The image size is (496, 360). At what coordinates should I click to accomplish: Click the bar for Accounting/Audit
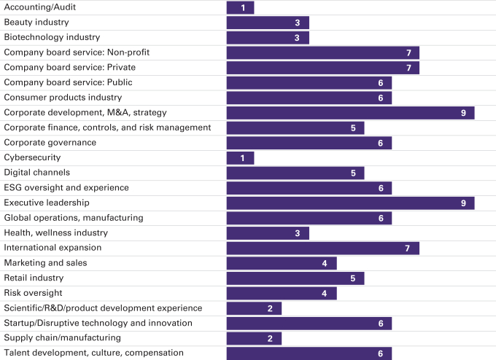[240, 7]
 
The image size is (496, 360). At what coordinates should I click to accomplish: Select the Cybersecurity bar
[240, 157]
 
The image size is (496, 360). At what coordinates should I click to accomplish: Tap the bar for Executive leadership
[350, 203]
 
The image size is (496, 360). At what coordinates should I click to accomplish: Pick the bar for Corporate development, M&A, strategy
[350, 112]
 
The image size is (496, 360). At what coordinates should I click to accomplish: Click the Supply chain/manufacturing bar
[254, 338]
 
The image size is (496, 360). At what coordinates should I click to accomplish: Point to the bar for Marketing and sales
[282, 263]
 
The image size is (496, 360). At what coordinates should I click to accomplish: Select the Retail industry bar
[295, 278]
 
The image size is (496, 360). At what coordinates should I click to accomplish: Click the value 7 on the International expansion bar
[408, 248]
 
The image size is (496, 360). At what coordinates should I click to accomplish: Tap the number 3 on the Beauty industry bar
[298, 23]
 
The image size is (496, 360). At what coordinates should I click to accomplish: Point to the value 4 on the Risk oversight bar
[325, 293]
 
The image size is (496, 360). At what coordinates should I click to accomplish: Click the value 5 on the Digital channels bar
[353, 173]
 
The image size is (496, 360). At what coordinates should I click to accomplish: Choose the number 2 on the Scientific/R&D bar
[270, 308]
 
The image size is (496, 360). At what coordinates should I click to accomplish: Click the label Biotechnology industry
[52, 37]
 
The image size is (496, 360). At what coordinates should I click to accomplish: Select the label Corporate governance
[50, 142]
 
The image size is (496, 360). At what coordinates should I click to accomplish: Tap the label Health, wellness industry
[55, 232]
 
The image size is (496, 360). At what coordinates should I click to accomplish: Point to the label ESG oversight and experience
[66, 187]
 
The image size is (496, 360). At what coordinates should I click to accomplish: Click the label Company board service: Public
[68, 82]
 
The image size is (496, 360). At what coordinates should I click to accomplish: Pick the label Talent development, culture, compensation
[93, 353]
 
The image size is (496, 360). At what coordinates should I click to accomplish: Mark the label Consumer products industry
[63, 97]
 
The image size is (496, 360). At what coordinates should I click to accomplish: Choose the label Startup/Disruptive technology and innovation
[98, 323]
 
